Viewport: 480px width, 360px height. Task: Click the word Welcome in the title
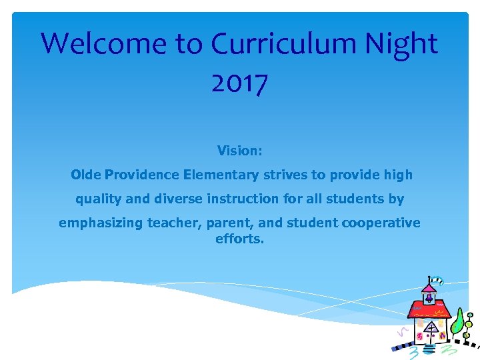tap(104, 44)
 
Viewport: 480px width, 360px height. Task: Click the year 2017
tap(239, 83)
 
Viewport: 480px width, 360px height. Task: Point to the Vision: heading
tap(240, 151)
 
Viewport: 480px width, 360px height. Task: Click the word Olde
tap(86, 175)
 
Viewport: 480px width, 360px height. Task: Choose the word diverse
tap(177, 199)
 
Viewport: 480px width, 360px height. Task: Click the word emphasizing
tap(101, 223)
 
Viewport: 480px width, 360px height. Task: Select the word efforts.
tap(239, 238)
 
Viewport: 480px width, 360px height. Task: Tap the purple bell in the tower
tap(429, 298)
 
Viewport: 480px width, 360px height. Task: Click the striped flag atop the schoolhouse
tap(437, 281)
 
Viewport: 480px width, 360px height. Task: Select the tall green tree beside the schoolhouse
tap(458, 322)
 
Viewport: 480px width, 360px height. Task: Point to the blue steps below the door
tap(430, 348)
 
